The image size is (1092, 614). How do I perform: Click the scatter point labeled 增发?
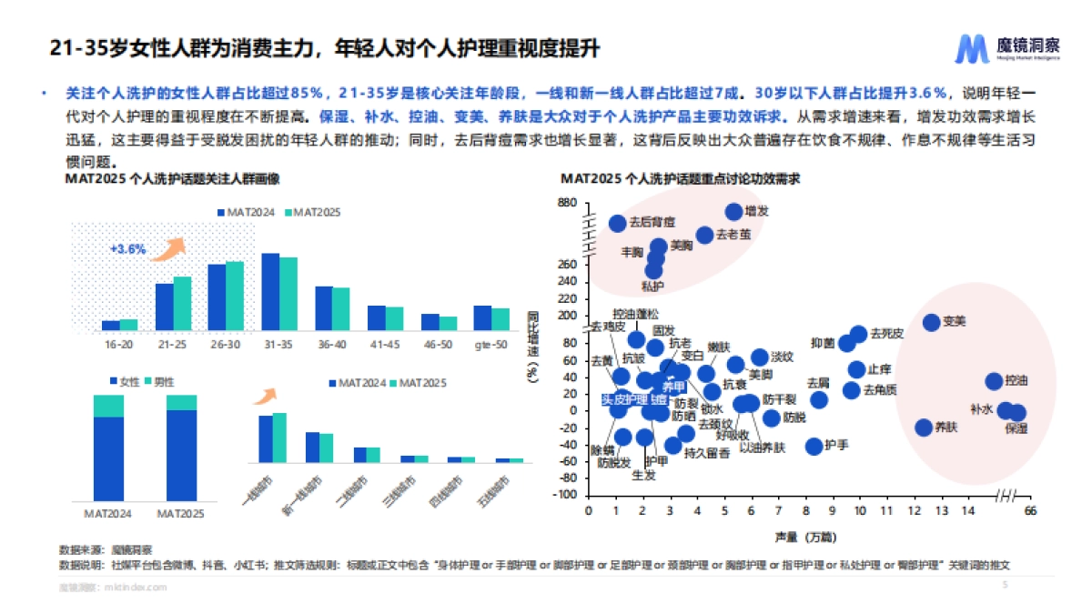click(734, 212)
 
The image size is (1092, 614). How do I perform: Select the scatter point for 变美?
click(931, 322)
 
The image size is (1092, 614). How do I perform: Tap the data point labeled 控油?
click(994, 381)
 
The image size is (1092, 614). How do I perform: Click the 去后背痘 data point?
click(617, 223)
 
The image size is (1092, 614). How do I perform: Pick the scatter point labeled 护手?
click(814, 446)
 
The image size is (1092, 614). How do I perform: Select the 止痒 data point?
click(856, 369)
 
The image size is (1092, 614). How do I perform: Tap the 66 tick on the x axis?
click(1030, 511)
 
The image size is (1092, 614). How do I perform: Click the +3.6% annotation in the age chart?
click(127, 248)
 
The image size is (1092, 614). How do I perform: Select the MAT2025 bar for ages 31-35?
click(288, 293)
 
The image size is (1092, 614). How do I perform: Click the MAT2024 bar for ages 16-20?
click(110, 325)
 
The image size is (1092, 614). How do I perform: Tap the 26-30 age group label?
click(225, 345)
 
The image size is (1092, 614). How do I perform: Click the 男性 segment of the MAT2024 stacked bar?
click(108, 406)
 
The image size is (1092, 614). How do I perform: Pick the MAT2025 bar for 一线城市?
click(279, 438)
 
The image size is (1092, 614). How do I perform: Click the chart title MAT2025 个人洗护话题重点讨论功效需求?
click(679, 178)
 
